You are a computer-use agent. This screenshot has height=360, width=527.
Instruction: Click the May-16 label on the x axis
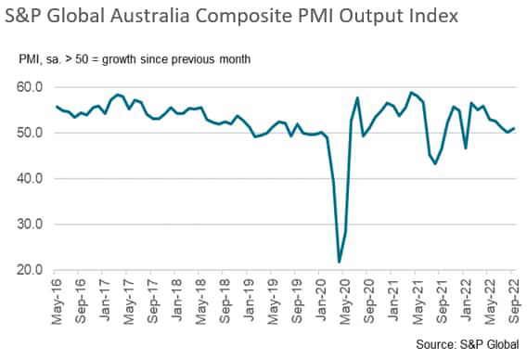(x=57, y=301)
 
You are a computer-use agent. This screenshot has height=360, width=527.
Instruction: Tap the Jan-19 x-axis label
(x=250, y=301)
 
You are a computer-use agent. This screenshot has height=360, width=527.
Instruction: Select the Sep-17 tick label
(x=153, y=301)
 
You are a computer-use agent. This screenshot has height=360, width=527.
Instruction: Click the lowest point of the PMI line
(x=340, y=262)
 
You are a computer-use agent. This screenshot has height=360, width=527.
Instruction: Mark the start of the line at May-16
(x=57, y=106)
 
